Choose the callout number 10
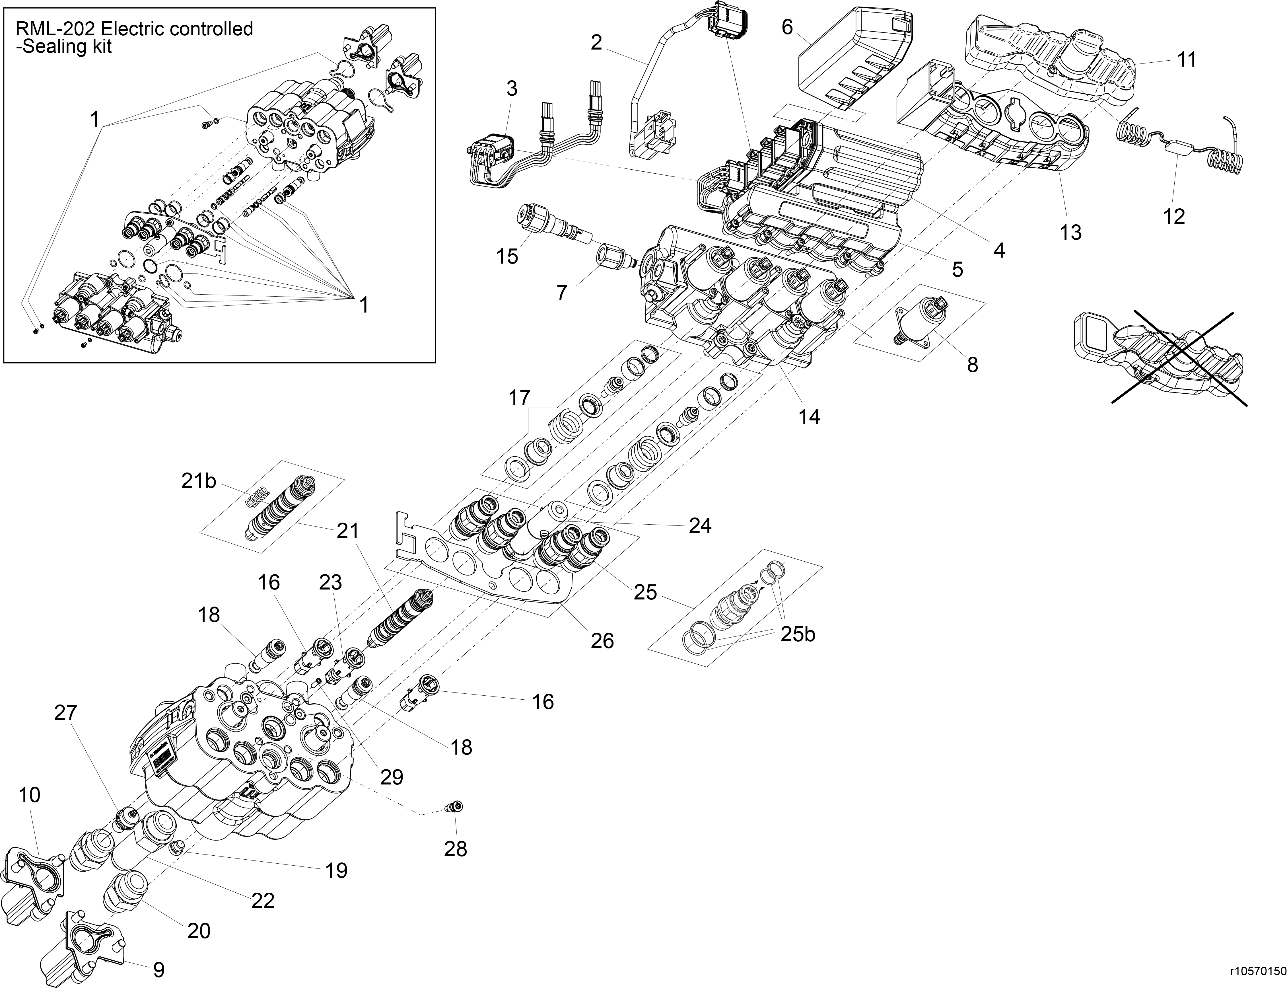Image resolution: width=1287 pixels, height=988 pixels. click(29, 795)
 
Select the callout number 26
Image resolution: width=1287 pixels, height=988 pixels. click(602, 640)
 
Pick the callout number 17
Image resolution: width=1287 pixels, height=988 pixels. click(519, 398)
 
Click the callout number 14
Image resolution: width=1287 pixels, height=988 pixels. click(809, 416)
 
